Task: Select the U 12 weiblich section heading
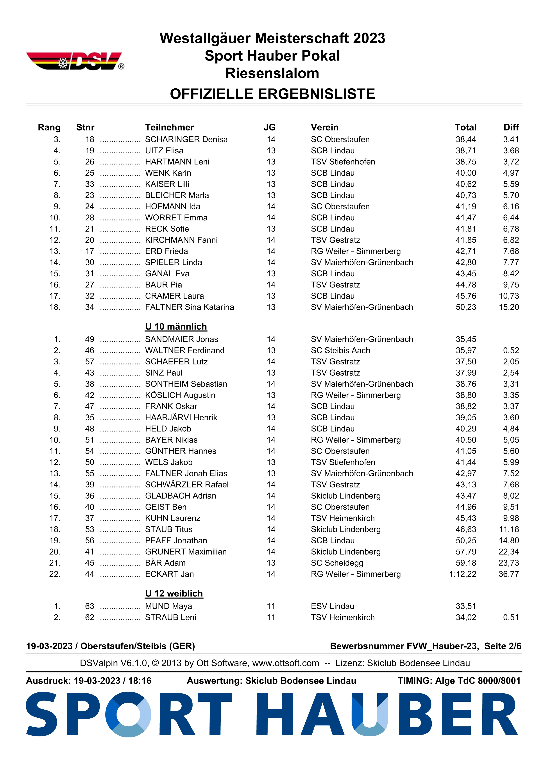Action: pos(174,594)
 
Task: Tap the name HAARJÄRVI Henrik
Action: pos(181,418)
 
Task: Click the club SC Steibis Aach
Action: pos(340,351)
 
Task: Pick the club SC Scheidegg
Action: pos(337,563)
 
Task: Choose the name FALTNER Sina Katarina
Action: pos(189,307)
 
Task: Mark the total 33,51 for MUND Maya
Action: pos(466,606)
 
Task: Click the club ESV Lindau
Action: pos(332,606)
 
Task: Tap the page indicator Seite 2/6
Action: pos(503,646)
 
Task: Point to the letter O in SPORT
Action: pos(128,715)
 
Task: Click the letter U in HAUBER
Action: pos(370,715)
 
